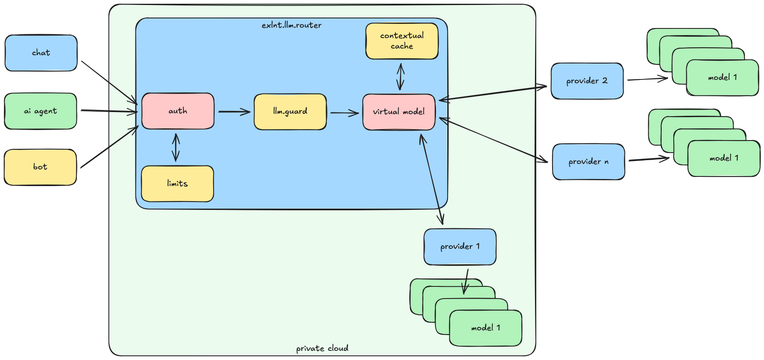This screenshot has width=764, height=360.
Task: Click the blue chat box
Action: coord(41,53)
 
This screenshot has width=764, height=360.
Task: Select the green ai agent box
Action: coord(41,111)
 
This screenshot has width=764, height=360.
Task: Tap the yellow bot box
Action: coord(40,167)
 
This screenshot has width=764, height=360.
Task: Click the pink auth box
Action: coord(178,111)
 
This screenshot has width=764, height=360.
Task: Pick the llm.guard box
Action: coord(290,112)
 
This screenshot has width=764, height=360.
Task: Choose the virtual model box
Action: coord(399,112)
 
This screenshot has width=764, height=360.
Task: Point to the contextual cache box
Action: coord(402,41)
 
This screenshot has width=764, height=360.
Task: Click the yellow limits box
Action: coord(177,184)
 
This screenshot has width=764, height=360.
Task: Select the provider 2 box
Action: coord(587,81)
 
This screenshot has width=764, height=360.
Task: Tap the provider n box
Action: coord(588,162)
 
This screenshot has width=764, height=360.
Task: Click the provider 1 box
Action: coord(460,247)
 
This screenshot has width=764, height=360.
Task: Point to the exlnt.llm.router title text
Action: coord(292,26)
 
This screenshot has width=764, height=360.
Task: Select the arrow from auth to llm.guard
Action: coord(234,112)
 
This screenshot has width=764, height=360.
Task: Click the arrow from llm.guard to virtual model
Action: coord(344,112)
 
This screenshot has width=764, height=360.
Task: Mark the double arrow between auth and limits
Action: coord(176,147)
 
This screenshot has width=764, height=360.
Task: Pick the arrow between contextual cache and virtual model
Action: coord(400,77)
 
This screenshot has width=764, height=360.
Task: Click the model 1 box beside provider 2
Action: coord(722,78)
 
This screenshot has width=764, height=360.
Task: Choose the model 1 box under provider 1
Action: coord(485,328)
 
